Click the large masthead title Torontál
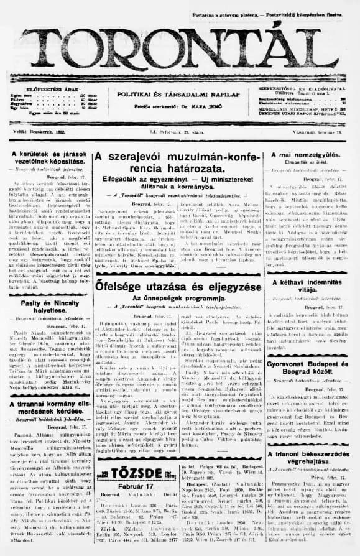[180, 47]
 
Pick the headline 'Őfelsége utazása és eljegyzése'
[174, 287]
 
